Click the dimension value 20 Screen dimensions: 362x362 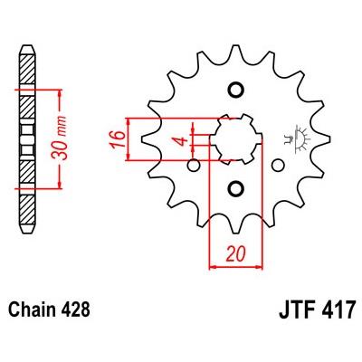235,254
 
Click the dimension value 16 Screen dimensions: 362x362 118,139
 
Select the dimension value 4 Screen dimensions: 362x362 182,141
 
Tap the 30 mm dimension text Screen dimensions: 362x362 60,138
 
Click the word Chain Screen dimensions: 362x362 31,310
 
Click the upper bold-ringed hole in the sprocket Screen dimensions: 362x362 235,90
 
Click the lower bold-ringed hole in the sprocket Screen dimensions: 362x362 235,189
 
